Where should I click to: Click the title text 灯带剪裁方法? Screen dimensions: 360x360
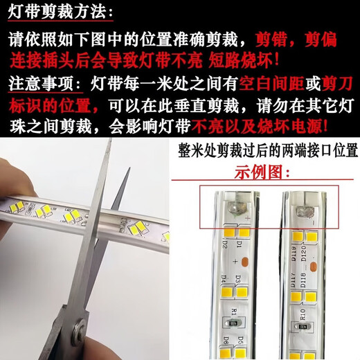(x=55, y=12)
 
